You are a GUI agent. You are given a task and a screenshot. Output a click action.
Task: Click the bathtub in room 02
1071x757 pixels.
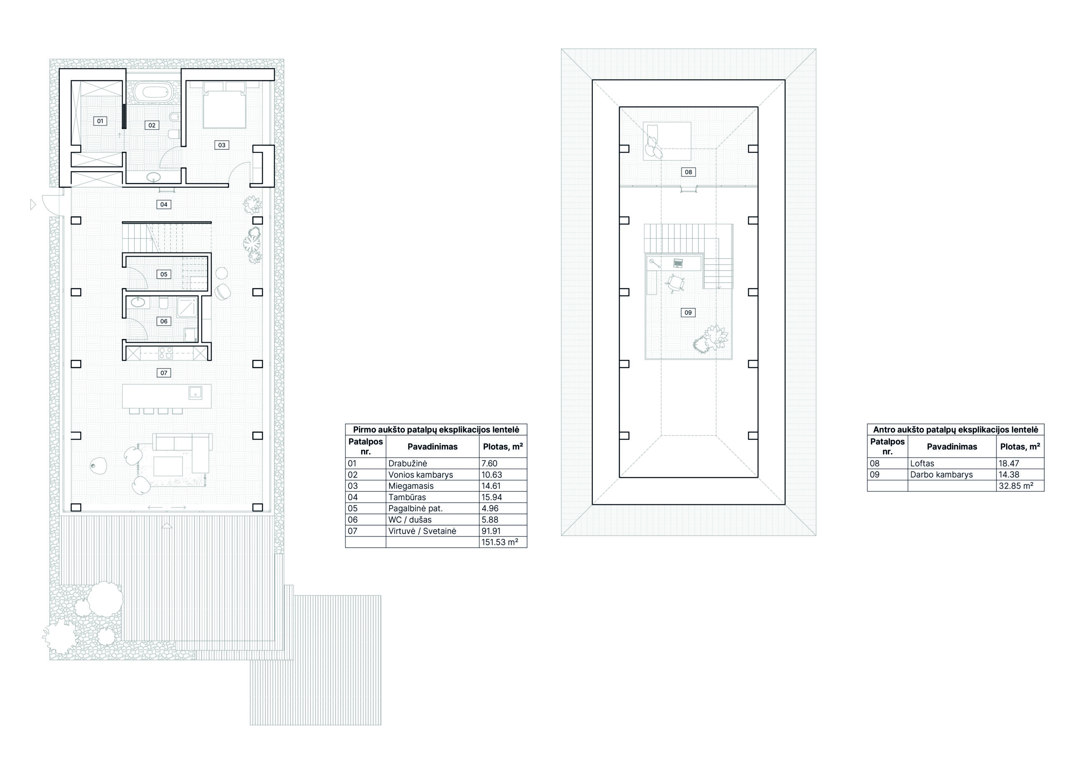[x=154, y=92]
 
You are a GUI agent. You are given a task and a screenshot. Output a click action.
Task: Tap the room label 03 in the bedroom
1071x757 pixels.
[x=222, y=145]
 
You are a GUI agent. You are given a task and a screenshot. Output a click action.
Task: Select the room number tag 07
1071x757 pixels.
[x=164, y=373]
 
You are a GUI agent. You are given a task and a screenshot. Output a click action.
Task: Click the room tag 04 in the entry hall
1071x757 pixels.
[x=164, y=204]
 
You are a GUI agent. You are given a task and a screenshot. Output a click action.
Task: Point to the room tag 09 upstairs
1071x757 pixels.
[x=688, y=313]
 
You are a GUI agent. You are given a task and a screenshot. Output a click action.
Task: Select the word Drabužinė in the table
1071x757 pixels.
[x=407, y=463]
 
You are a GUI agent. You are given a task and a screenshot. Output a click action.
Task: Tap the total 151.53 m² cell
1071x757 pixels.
[x=500, y=542]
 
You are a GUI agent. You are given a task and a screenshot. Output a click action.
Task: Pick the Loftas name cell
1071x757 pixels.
[x=922, y=463]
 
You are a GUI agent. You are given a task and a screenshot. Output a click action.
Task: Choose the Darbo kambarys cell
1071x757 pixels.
[x=941, y=475]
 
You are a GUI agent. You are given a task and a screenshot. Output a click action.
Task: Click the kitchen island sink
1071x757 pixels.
[x=195, y=393]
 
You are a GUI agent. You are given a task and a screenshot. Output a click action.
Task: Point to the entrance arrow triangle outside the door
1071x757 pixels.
[x=33, y=204]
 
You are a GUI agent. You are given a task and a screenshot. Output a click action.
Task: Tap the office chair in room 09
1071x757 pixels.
[x=675, y=282]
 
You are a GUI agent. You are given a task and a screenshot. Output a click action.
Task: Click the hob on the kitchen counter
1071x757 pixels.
[x=166, y=353]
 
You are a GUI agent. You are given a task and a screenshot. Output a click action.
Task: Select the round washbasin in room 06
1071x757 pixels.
[x=138, y=303]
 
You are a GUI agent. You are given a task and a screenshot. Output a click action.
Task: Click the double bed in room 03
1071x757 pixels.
[x=224, y=105]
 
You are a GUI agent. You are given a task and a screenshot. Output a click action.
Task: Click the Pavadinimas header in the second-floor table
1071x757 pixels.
[x=952, y=447]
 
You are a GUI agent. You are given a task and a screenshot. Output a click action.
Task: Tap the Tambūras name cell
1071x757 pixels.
[x=407, y=497]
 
